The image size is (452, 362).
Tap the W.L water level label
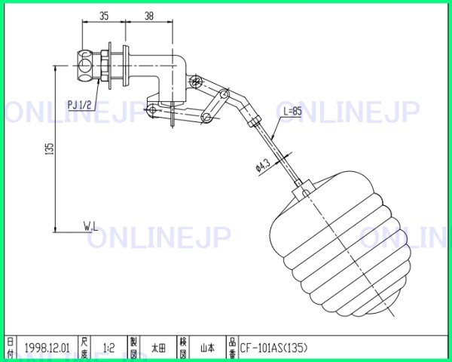coord(93,225)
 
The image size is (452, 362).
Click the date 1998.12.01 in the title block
coord(47,348)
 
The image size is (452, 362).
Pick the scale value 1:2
coord(108,348)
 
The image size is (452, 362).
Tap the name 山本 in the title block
coord(207,348)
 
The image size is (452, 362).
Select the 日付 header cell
coord(10,348)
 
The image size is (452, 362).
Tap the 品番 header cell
coord(232,348)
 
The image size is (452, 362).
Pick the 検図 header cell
coord(182,348)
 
